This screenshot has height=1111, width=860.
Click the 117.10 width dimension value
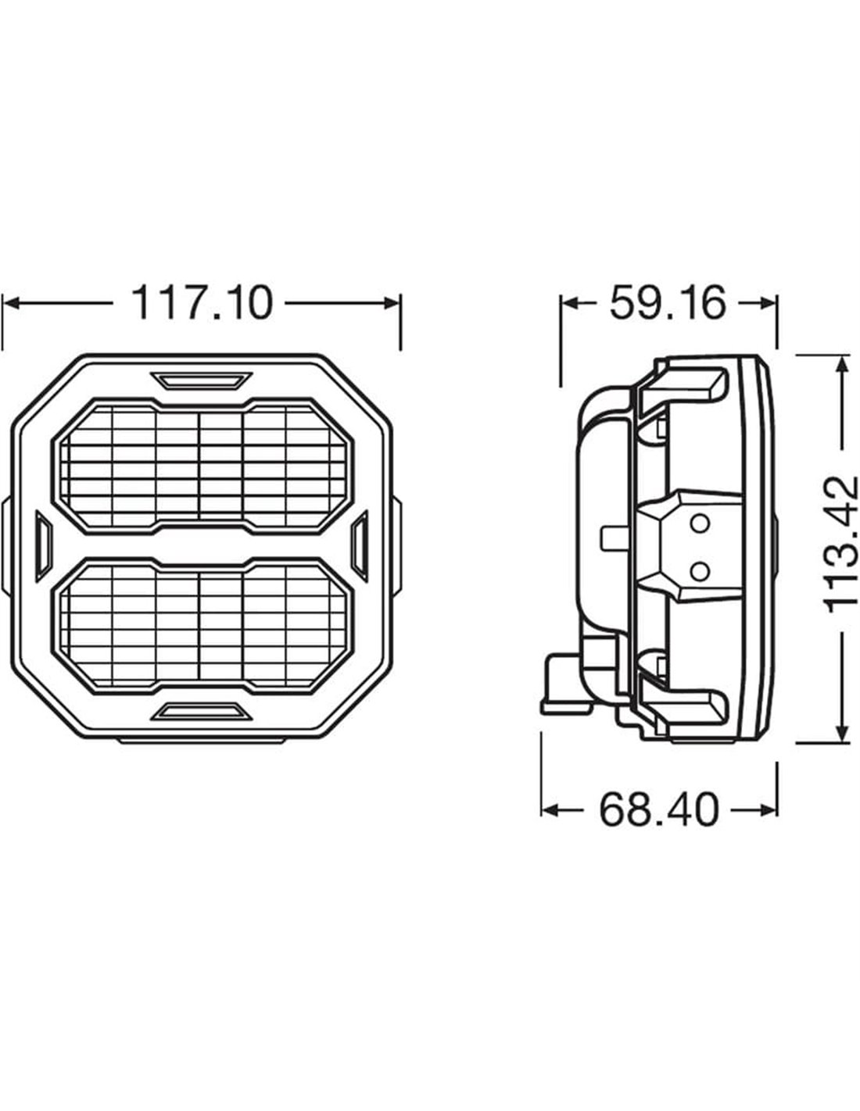point(202,303)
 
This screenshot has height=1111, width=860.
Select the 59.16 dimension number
point(668,303)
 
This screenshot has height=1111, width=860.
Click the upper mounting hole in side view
point(700,523)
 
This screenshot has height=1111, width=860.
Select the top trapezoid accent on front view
point(201,380)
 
